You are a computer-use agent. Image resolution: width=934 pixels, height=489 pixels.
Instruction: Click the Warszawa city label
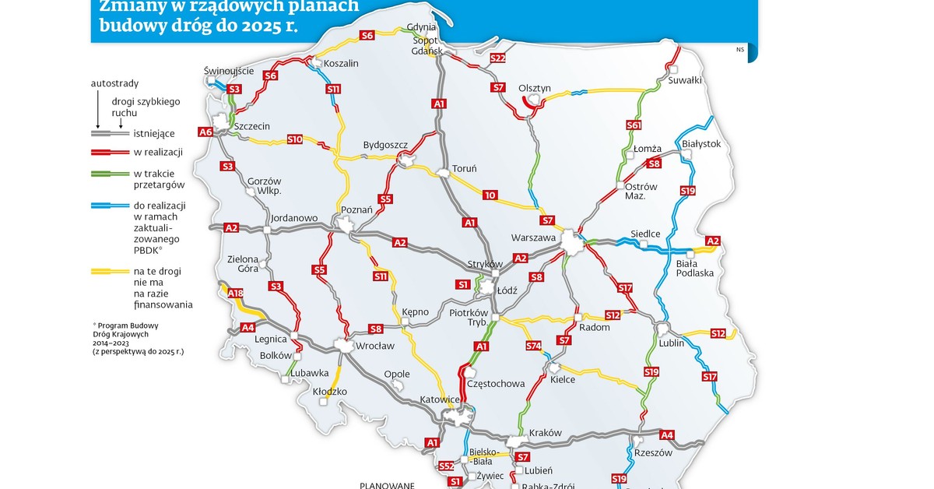point(533,237)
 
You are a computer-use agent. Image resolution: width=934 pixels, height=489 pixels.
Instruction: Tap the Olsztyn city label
point(535,88)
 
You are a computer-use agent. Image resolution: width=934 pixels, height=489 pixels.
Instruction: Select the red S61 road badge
point(634,125)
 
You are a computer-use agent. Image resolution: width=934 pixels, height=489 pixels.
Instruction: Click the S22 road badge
point(498,58)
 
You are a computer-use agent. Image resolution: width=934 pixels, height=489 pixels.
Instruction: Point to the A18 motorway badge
point(236,294)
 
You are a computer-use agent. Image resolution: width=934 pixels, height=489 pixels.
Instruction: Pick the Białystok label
point(701,144)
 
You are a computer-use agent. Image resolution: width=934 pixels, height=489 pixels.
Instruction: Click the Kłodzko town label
point(329,392)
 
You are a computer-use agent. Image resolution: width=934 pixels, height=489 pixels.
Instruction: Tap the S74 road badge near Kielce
point(533,346)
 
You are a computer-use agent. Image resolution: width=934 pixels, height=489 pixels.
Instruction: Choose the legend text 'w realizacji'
point(156,151)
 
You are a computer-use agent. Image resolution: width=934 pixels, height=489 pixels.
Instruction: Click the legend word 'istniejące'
point(155,133)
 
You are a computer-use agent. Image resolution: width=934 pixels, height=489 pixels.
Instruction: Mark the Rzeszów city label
point(653,453)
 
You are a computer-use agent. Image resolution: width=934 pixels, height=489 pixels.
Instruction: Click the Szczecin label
point(251,126)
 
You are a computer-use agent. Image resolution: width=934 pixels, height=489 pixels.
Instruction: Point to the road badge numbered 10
point(489,195)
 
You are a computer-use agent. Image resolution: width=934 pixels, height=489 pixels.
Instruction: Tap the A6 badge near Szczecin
point(205,132)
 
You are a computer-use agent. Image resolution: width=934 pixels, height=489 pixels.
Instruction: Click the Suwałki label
point(685,79)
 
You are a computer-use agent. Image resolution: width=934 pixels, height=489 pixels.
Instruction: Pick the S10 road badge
point(294,139)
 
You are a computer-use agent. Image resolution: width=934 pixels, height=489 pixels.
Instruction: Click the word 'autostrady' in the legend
point(114,83)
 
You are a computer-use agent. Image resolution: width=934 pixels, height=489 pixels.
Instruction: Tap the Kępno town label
point(415,311)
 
